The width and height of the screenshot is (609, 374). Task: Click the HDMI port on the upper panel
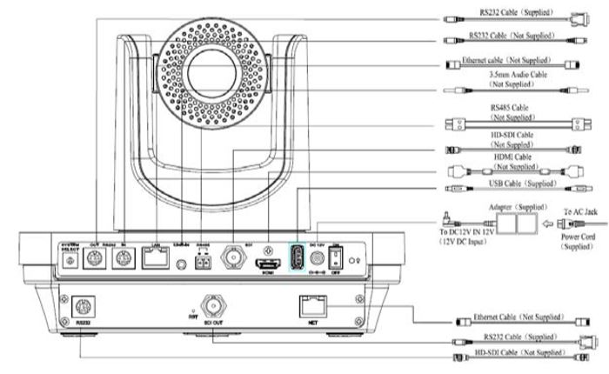(x=270, y=259)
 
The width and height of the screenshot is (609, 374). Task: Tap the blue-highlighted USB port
(x=298, y=257)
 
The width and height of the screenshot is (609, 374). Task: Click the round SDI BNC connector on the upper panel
(x=235, y=258)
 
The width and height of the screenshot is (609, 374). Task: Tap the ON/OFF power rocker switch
(x=338, y=258)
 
